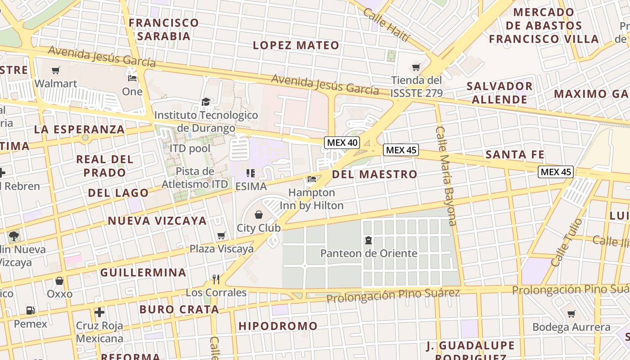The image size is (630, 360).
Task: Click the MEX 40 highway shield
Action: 342,143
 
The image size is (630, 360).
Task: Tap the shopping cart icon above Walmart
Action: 56,70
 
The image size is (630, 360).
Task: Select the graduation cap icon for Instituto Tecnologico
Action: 206,102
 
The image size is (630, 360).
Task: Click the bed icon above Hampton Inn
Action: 311,179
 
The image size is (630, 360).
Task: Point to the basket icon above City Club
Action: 259,215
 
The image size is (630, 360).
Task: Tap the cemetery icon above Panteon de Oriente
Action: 369,240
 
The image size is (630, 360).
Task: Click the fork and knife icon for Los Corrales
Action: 216,279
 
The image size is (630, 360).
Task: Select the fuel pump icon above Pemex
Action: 30,310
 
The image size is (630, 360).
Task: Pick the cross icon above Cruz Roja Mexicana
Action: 99,312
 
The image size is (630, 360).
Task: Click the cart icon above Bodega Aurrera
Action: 571,314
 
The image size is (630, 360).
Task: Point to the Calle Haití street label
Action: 387,24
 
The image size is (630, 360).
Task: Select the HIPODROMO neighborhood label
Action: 278,326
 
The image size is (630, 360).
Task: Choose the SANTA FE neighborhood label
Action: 515,155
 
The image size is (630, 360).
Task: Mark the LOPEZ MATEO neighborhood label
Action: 296,45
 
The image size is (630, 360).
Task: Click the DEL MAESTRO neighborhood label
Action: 375,174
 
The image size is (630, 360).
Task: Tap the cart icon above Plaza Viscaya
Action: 221,235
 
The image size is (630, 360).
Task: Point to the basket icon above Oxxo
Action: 59,281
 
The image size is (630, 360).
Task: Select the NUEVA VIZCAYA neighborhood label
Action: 157,220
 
